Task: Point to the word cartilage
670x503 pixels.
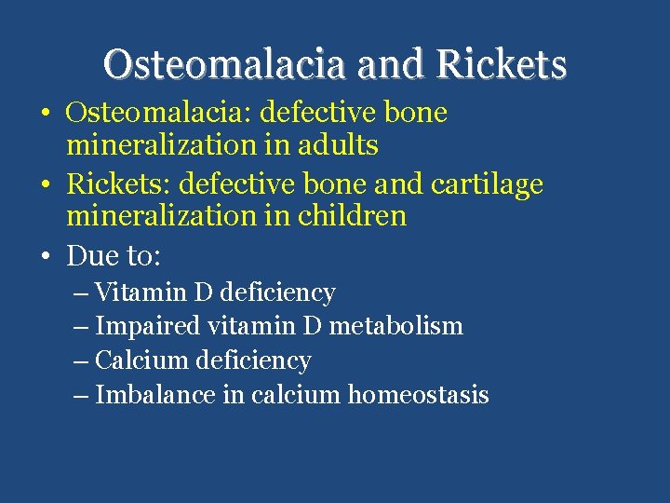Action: click(x=488, y=184)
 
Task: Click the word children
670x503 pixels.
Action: click(x=352, y=216)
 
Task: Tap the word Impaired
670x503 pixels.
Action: click(x=148, y=327)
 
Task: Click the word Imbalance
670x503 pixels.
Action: click(x=155, y=395)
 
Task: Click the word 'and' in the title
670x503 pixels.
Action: click(x=402, y=64)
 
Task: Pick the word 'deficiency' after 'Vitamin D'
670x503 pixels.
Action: click(x=276, y=292)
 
